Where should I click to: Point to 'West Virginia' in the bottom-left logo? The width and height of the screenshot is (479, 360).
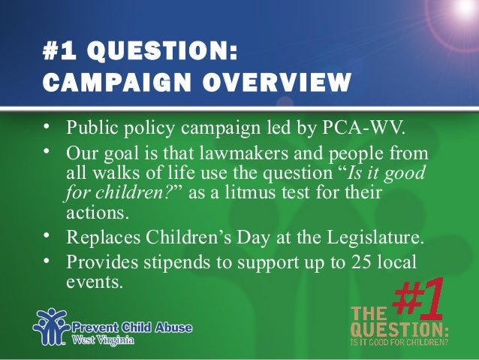[104, 340]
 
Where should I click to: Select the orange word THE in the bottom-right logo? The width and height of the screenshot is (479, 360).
[370, 313]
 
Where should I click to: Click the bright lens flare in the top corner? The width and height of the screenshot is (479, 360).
[459, 11]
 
